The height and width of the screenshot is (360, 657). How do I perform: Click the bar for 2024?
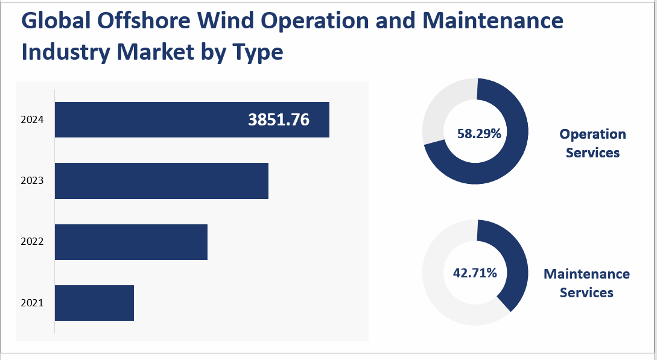point(151,119)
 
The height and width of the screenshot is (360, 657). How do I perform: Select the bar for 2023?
point(161,180)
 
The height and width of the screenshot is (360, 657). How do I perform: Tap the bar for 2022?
point(131,242)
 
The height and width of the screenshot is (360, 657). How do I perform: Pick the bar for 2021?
point(94,303)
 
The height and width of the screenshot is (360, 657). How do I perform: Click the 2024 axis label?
point(32,120)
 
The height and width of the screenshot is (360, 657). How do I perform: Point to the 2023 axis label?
point(32,180)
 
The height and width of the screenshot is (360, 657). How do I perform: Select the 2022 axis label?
point(32,242)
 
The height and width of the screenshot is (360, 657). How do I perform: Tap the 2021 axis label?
point(32,303)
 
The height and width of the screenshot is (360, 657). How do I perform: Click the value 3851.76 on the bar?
point(279,120)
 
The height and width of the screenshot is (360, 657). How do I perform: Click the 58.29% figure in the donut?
point(479,134)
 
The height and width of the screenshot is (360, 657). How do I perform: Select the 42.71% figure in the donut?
point(475,273)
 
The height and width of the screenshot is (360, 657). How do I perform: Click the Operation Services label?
point(592,143)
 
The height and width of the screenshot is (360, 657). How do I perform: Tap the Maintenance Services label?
point(586,283)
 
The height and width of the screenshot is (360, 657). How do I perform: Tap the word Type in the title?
point(257,52)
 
